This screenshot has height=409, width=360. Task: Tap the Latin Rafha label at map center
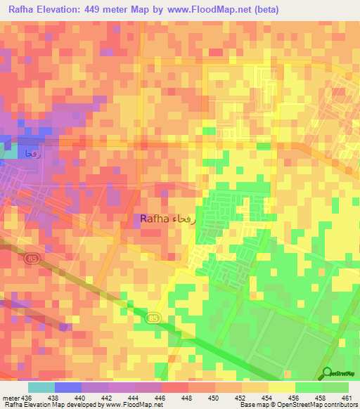pos(153,219)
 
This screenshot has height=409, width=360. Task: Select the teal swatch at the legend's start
pos(41,387)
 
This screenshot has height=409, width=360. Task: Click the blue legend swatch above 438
pos(68,387)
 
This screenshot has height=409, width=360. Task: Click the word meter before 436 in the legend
pos(12,397)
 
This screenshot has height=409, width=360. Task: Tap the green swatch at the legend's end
pos(335,387)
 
